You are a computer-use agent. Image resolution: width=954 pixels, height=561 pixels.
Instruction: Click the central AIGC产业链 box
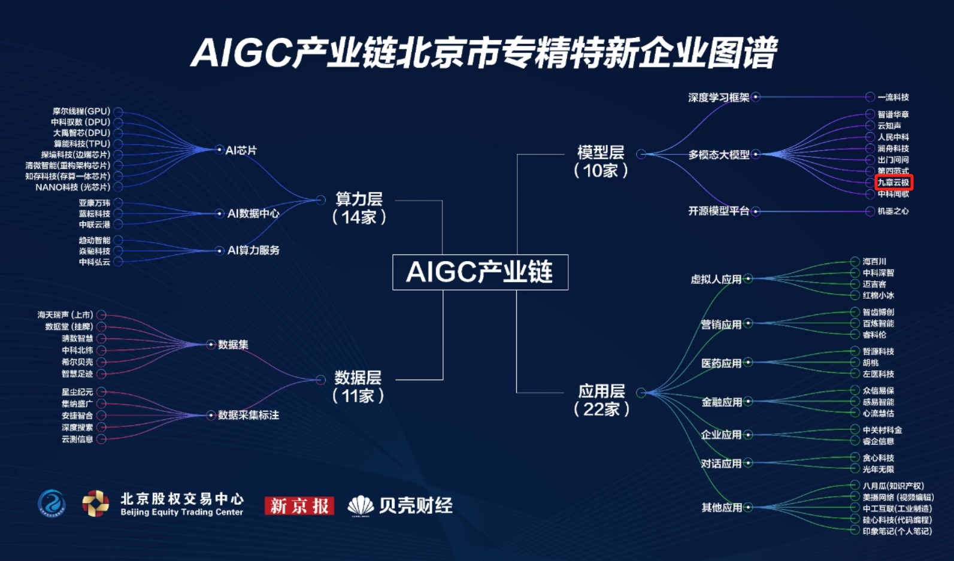pos(480,272)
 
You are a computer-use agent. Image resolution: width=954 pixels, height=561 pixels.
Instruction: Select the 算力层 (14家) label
pos(359,208)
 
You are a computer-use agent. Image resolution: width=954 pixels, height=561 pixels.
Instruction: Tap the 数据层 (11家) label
pos(358,386)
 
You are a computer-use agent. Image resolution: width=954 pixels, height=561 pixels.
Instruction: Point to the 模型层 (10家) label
pos(601,162)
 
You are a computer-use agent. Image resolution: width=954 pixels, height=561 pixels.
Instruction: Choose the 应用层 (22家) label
pos(601,400)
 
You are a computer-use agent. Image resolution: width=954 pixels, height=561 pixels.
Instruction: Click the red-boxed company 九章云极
pos(893,182)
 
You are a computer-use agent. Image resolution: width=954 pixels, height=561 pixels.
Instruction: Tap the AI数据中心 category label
pos(253,213)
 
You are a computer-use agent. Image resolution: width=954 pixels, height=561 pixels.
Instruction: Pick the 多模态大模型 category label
pos(719,154)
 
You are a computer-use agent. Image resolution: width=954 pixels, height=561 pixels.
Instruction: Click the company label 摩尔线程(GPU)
pos(81,111)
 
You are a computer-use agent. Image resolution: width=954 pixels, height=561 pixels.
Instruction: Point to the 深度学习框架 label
pos(719,97)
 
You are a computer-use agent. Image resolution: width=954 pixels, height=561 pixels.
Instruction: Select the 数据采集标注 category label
pos(248,415)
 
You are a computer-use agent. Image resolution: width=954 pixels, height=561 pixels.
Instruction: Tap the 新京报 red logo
pos(299,506)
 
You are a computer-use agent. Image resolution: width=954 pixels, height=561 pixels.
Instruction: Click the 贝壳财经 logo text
pos(415,506)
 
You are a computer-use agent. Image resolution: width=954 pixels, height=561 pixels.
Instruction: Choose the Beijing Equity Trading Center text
pos(181,513)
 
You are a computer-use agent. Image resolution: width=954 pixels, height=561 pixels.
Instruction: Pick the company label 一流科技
pos(893,97)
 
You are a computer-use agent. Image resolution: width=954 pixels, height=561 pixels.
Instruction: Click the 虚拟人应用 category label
pos(716,279)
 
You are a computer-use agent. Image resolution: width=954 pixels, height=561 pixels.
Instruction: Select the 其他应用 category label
pos(722,508)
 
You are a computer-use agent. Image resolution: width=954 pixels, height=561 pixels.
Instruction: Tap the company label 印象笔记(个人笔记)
pos(897,531)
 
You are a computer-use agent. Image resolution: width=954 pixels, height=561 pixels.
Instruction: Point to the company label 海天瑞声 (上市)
pos(65,315)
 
